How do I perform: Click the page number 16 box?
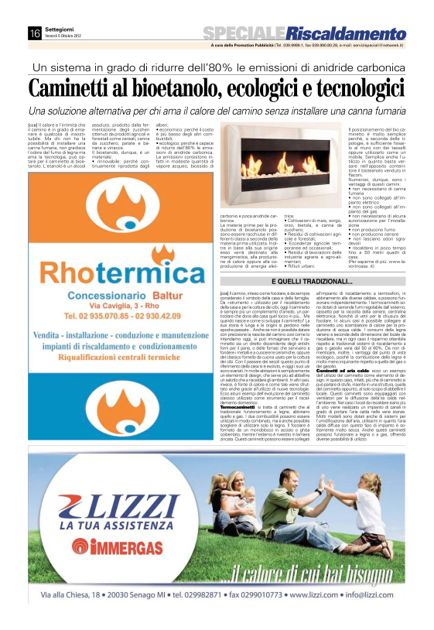tap(35, 33)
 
